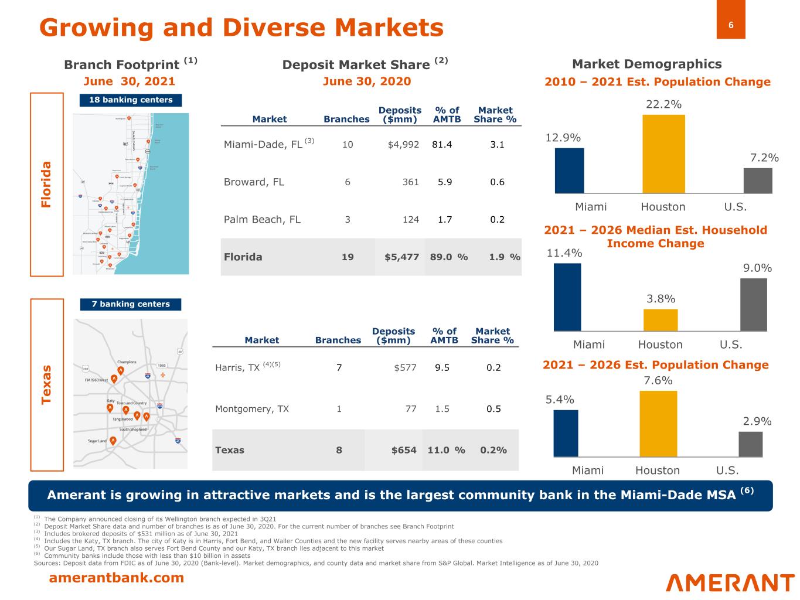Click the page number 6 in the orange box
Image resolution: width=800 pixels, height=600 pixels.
(x=731, y=25)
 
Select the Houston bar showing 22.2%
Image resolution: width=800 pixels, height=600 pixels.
(x=663, y=154)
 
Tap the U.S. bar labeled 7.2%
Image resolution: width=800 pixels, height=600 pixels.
(x=757, y=180)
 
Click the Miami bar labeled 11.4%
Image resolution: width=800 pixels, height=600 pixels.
(x=567, y=297)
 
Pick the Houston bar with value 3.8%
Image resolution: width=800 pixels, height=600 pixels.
(x=661, y=320)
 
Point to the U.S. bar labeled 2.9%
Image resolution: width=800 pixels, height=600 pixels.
(x=750, y=444)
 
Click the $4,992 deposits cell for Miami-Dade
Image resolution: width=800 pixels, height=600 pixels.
(x=403, y=144)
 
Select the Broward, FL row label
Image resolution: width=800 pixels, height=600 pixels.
(x=254, y=182)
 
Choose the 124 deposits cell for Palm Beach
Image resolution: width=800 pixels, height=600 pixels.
(x=410, y=220)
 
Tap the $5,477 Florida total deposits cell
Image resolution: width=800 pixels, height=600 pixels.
(x=401, y=257)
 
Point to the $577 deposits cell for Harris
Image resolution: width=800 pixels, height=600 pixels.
(x=406, y=368)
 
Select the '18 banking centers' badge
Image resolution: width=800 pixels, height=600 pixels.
(x=131, y=100)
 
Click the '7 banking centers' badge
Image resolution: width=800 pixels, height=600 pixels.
(x=131, y=304)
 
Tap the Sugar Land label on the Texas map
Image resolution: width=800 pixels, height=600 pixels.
(x=97, y=441)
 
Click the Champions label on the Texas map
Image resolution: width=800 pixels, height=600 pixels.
(x=127, y=362)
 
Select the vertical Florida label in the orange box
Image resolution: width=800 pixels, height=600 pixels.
(x=47, y=184)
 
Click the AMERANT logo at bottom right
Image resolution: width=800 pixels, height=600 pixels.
(x=730, y=583)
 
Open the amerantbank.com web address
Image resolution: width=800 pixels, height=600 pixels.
(x=116, y=578)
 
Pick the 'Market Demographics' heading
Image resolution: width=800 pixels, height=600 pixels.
(x=646, y=64)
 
